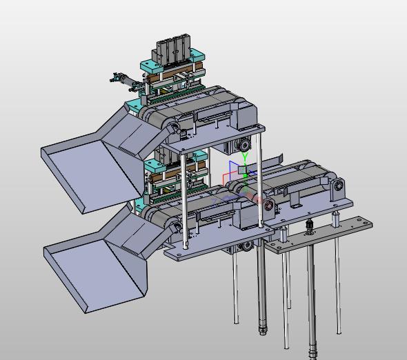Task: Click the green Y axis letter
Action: pos(245,156)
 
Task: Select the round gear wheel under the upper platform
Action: pos(244,145)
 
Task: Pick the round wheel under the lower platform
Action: pos(247,246)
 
